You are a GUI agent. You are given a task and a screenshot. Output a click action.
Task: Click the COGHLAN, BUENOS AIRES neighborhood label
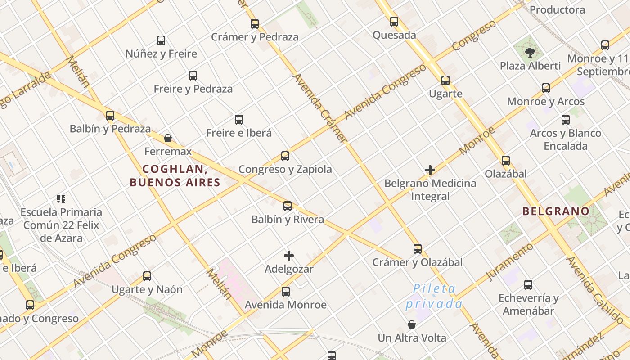point(175,175)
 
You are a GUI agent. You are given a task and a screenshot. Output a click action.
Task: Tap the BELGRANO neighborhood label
point(556,211)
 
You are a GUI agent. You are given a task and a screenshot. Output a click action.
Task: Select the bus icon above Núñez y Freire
point(161,40)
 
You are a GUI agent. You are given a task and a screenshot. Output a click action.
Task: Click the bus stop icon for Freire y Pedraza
point(193,76)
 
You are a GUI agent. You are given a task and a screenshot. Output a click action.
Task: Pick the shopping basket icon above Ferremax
point(168,138)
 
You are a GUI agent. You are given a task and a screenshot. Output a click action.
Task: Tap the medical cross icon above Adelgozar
point(289,256)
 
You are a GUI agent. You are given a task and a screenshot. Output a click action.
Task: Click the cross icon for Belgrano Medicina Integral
point(430,170)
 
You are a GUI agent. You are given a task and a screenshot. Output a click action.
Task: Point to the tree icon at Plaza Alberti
point(530,53)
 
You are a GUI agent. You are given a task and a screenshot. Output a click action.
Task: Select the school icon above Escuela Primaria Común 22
point(61,198)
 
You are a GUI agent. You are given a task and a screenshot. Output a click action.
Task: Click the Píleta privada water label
point(434,296)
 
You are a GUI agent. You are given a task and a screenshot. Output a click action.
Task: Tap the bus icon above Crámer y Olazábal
point(418,249)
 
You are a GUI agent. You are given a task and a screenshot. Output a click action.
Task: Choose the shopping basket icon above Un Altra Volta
point(412,324)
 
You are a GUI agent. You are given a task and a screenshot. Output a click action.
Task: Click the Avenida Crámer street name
point(320,108)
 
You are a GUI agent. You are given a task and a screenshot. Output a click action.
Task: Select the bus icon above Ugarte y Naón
point(147,276)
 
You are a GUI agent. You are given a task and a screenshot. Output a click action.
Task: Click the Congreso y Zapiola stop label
point(285,170)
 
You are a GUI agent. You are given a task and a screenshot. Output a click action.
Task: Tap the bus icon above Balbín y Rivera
point(288,206)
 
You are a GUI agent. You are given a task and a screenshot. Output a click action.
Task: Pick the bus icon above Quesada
point(394,22)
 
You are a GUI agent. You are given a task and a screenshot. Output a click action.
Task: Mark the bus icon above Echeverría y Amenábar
point(528,285)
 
